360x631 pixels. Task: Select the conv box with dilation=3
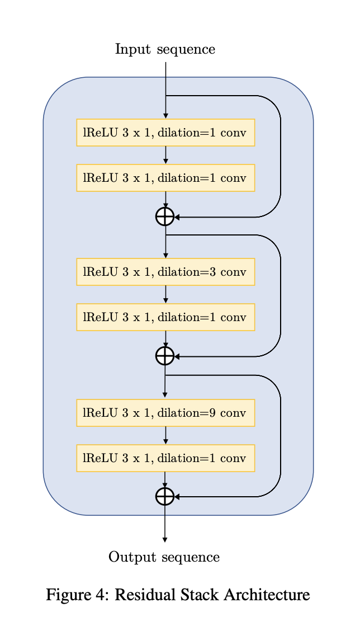[x=165, y=272]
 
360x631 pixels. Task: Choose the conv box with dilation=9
[x=165, y=413]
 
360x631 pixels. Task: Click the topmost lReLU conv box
[x=165, y=133]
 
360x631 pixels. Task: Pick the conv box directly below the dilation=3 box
[x=165, y=317]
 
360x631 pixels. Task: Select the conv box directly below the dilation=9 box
[x=165, y=458]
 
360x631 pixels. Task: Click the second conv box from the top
[x=165, y=178]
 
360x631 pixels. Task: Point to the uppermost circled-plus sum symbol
[x=165, y=216]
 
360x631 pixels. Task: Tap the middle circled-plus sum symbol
[x=165, y=356]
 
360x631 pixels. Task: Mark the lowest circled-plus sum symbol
[x=165, y=496]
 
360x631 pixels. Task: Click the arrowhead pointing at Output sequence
[x=165, y=539]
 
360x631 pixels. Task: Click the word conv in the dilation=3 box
[x=235, y=272]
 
